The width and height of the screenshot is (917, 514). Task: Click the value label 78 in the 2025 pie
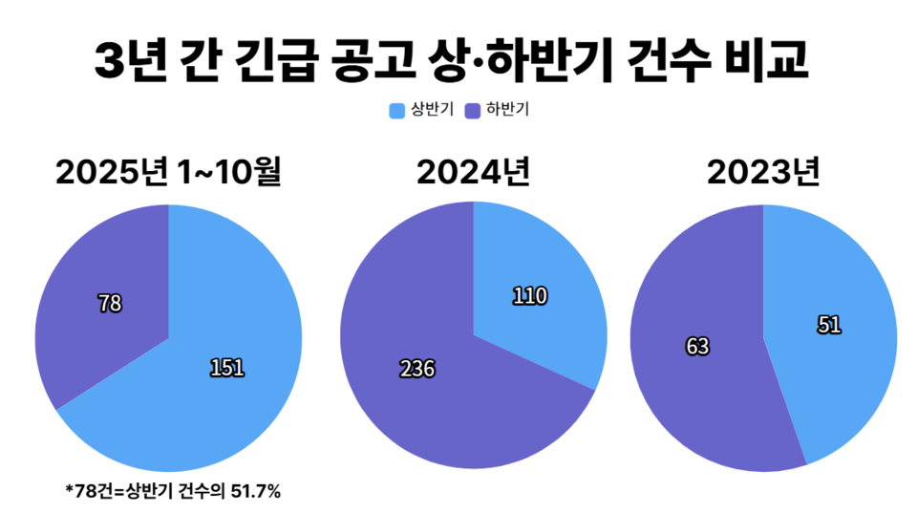point(110,304)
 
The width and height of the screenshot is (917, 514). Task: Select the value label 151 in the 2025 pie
point(227,367)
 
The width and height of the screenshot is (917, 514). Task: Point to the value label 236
point(416,369)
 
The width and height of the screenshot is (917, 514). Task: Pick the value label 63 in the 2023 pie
point(697,346)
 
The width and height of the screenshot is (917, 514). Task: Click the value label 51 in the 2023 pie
point(829,325)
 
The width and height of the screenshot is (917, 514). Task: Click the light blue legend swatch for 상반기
point(397,111)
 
